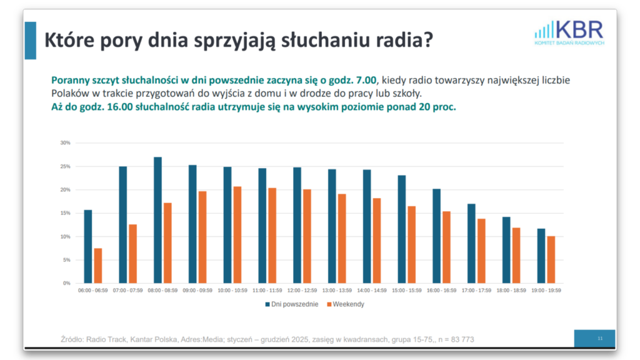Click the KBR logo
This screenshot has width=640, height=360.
pos(569,32)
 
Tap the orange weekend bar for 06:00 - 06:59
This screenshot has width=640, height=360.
pos(98,266)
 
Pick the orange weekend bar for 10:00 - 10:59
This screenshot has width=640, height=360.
pos(237,235)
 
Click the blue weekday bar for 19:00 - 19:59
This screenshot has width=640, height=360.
pos(541,256)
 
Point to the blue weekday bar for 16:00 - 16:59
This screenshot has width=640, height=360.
pos(437,236)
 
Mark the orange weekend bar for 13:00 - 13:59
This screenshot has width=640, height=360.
pos(342,239)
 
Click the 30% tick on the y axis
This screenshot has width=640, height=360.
pos(66,143)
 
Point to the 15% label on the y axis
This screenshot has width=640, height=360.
pos(66,213)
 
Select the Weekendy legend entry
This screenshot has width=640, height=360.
pos(346,304)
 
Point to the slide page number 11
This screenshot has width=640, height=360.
pos(600,338)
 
